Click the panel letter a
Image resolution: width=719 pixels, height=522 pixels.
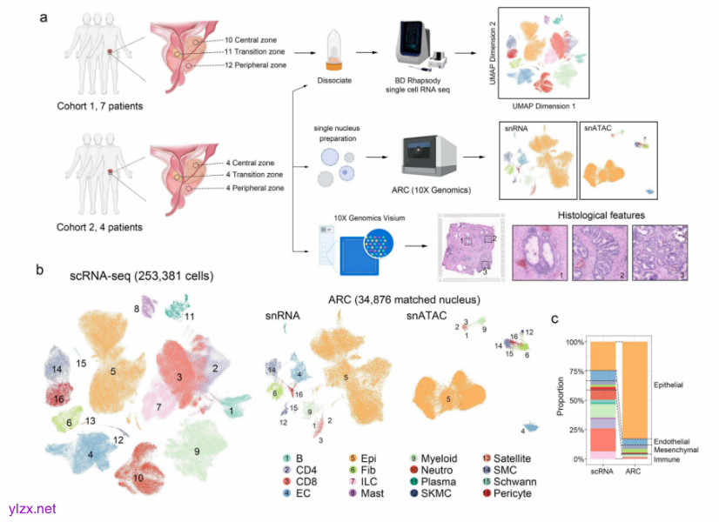[44, 17]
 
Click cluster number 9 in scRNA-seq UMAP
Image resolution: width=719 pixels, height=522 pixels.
[197, 452]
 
